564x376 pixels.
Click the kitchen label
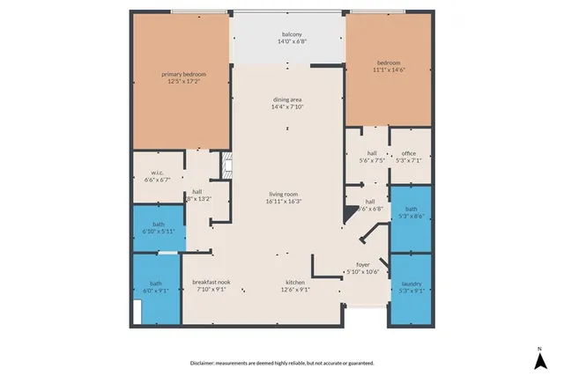(x=294, y=283)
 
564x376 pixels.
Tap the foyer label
(x=363, y=263)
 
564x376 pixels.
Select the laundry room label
(x=412, y=283)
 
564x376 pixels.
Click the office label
(x=409, y=153)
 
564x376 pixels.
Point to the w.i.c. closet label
(x=155, y=173)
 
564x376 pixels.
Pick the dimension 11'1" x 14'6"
(x=389, y=70)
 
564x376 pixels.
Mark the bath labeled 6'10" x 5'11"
(x=159, y=232)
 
